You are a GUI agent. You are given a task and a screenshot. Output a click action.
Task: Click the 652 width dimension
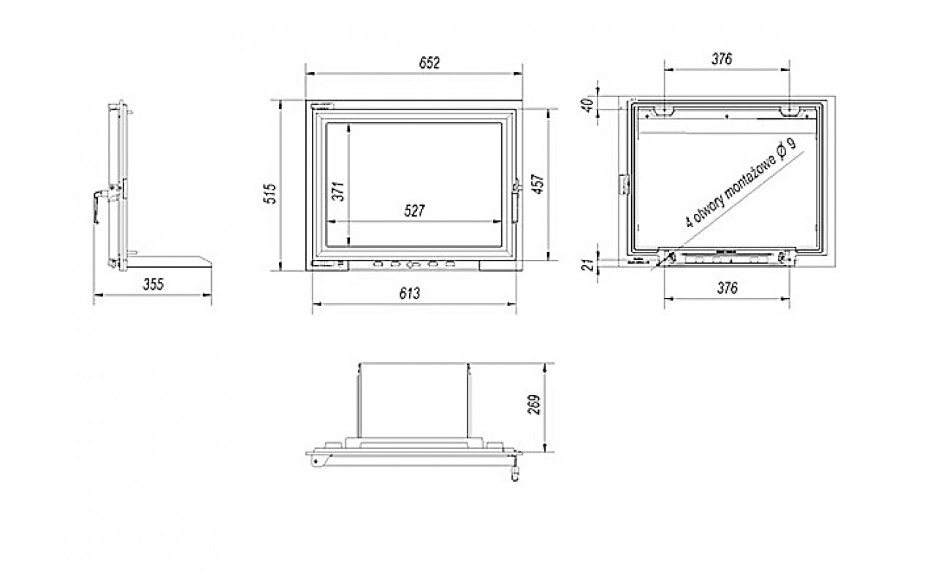point(430,63)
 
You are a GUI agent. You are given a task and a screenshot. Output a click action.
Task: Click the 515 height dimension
point(270,193)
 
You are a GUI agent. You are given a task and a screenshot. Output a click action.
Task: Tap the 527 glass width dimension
point(414,211)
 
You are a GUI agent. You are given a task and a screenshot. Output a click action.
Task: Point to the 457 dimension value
point(538,184)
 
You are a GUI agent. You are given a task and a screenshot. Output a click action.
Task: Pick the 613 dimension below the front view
point(410,293)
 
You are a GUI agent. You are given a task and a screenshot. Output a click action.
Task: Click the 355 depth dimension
point(153,285)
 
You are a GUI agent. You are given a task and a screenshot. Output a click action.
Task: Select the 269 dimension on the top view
point(534,404)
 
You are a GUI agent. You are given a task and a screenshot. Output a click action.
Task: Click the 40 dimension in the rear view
point(587,104)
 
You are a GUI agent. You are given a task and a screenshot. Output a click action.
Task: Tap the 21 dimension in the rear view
point(588,264)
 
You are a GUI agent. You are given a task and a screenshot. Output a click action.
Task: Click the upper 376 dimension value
point(722,59)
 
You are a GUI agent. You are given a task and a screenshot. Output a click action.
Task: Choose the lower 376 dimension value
point(727,288)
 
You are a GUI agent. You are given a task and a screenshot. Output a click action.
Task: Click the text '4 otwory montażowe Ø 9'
point(741,182)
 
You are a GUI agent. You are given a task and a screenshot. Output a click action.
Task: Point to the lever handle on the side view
point(100,204)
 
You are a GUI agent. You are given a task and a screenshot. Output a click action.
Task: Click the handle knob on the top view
point(516,474)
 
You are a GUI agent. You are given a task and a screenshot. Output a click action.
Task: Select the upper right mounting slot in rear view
point(791,111)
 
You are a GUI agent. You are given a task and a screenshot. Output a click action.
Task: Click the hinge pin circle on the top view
point(316,461)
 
